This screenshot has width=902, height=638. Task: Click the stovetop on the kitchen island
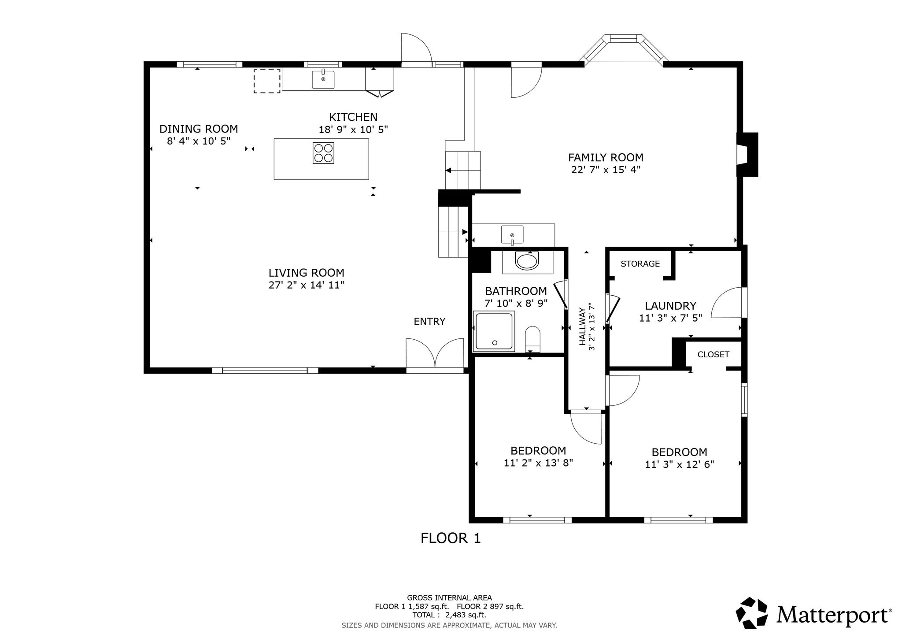[x=323, y=153]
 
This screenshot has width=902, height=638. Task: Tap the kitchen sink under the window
[x=323, y=79]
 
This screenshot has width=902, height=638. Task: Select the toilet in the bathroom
[x=532, y=339]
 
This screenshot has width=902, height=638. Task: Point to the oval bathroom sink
[x=527, y=261]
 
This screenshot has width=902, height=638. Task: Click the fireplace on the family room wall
[x=748, y=154]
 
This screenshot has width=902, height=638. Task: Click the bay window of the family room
[x=624, y=48]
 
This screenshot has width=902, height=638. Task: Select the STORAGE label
[x=640, y=263]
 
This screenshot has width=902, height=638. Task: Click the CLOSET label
[x=713, y=354]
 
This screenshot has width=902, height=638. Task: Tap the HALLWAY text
[x=583, y=326]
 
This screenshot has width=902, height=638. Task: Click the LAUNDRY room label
[x=670, y=306]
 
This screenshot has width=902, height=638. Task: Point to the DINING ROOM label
[x=199, y=129]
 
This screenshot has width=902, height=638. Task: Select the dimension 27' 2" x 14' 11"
[x=307, y=285]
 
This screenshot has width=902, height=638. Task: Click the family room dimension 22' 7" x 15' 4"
[x=606, y=170]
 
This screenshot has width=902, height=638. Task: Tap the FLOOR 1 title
[x=451, y=538]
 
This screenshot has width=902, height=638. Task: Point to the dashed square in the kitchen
[x=267, y=81]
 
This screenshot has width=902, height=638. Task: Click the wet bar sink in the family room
[x=512, y=234]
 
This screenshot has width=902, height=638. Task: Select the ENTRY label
[x=429, y=322]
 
